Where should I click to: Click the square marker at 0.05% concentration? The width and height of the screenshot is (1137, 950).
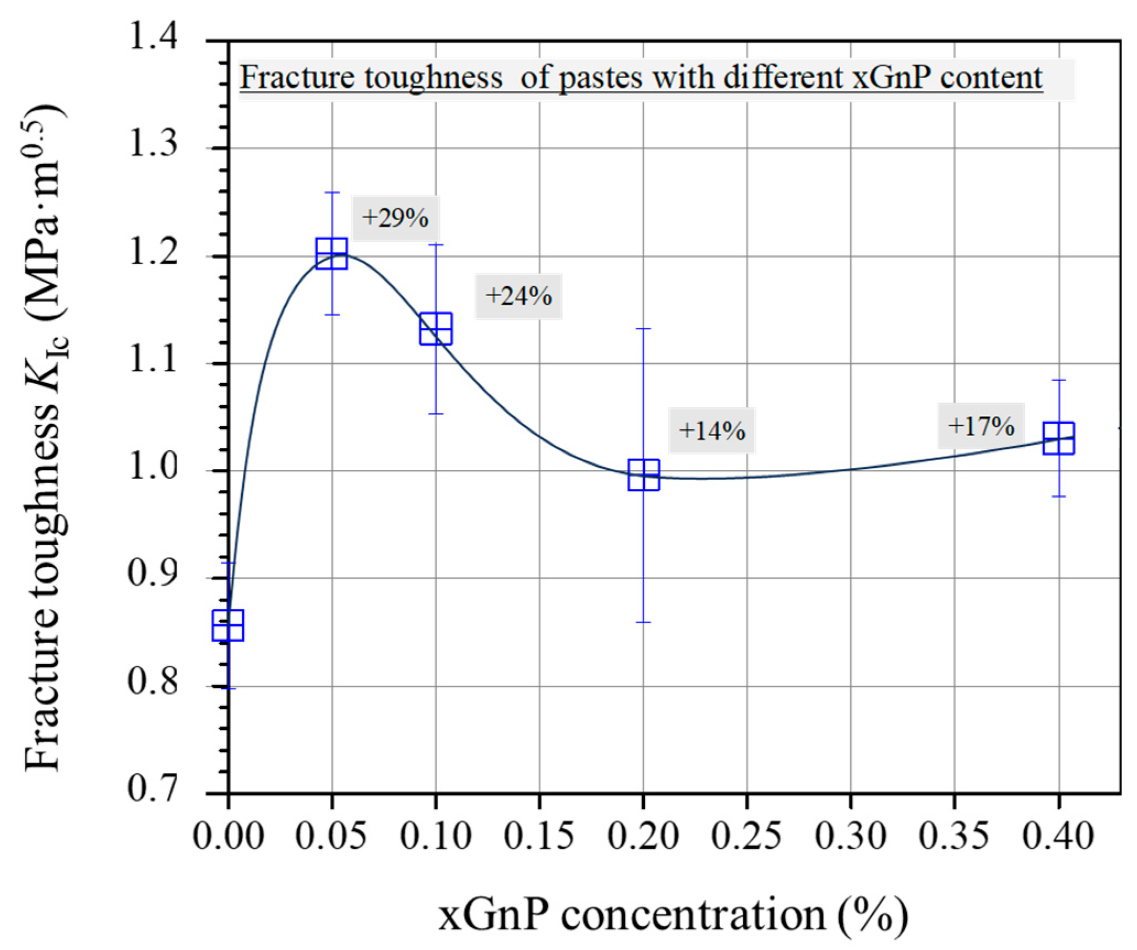tap(331, 253)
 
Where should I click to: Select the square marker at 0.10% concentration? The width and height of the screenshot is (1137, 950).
tap(436, 329)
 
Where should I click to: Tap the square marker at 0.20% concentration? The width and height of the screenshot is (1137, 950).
tap(644, 474)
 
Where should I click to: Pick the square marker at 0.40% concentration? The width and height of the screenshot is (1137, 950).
tap(1058, 438)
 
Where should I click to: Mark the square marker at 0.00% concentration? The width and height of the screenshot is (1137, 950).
tap(228, 625)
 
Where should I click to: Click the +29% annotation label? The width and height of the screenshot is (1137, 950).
tap(395, 219)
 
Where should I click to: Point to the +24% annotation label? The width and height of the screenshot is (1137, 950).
tap(518, 297)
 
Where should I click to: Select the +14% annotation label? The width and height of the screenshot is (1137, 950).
tap(711, 431)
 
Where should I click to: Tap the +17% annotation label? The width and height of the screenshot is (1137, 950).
tap(981, 426)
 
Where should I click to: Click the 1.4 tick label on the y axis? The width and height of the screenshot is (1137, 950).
tap(153, 40)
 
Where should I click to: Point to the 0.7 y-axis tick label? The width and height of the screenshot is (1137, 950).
tap(153, 789)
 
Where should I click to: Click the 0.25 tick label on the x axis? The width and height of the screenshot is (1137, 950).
tap(746, 836)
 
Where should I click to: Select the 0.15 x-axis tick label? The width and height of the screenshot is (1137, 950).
tap(539, 836)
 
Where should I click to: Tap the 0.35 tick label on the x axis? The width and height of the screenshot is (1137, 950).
tap(954, 836)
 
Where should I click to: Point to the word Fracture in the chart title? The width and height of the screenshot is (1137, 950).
tap(295, 78)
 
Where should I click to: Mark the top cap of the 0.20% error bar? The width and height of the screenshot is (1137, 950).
tap(644, 329)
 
